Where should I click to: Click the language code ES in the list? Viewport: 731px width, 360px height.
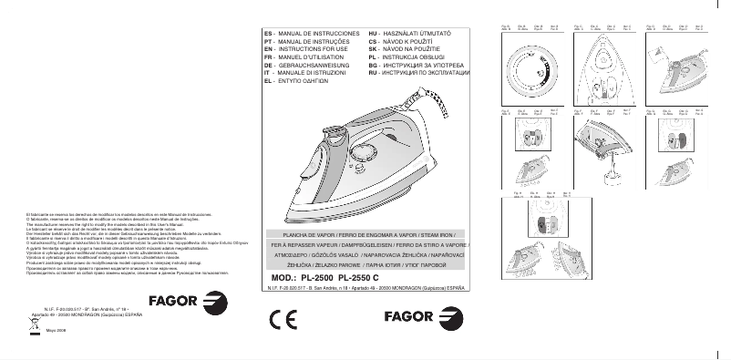[267, 32]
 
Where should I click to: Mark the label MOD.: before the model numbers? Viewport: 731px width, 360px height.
[283, 277]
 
